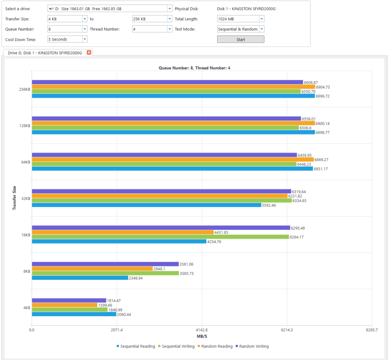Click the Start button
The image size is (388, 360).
(241, 39)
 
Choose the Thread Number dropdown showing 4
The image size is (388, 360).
(152, 29)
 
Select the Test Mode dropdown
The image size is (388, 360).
(241, 29)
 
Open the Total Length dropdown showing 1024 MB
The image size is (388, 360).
(241, 19)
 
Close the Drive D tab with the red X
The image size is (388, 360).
(89, 53)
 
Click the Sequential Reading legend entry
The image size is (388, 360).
(136, 346)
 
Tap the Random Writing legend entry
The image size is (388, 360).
(252, 346)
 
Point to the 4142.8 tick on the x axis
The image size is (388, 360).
(202, 330)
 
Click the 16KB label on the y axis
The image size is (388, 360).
(25, 235)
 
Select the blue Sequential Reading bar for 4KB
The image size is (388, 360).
(74, 314)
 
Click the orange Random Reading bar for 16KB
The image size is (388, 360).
(123, 232)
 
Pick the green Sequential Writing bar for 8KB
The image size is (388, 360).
(105, 273)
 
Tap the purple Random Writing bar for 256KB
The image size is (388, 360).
(167, 82)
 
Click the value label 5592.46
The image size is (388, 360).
(270, 206)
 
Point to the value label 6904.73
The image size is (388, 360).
(324, 87)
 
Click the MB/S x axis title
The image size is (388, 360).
(202, 337)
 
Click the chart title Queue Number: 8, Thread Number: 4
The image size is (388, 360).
(194, 68)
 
